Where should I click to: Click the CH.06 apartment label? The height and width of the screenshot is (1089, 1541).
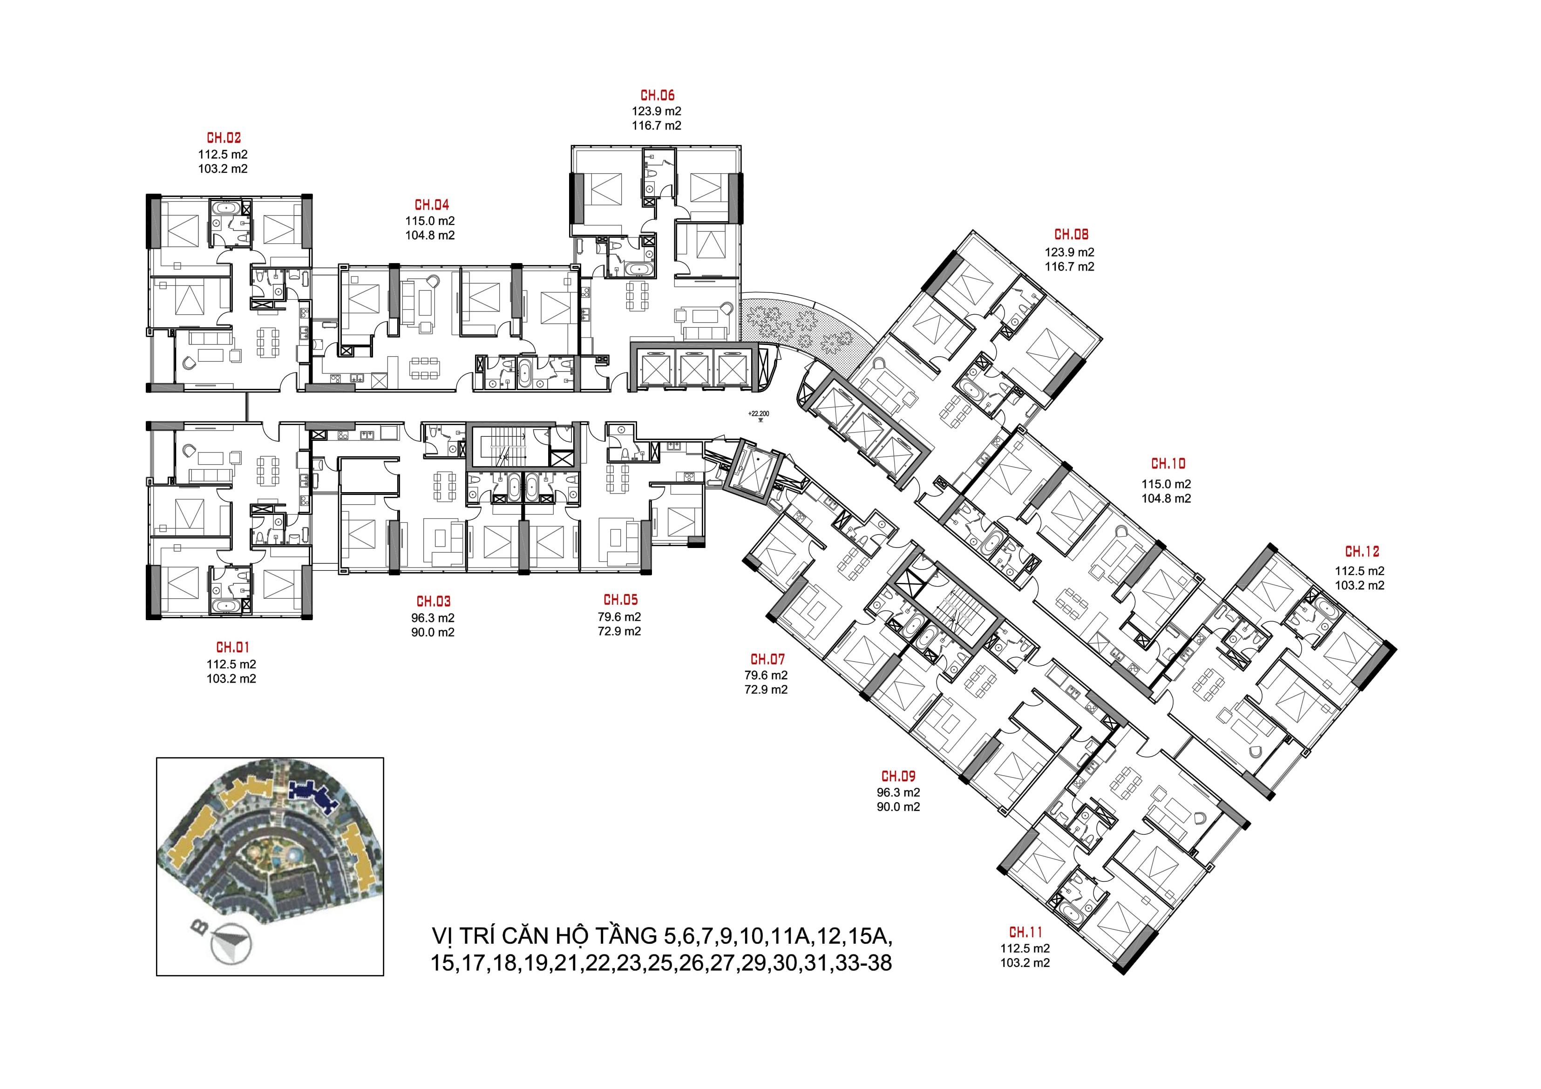coord(657,96)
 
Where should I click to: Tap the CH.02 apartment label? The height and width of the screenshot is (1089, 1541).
coord(224,139)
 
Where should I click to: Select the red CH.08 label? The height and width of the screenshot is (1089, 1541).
coord(1071,235)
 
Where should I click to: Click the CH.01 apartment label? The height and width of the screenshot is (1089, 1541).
coord(232,648)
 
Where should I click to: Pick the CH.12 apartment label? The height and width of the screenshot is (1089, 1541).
coord(1362,552)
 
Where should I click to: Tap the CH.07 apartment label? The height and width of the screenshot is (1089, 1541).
coord(767,660)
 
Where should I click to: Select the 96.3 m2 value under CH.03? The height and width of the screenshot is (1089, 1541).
coord(433,618)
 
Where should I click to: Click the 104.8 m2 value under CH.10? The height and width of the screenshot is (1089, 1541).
coord(1167,499)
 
